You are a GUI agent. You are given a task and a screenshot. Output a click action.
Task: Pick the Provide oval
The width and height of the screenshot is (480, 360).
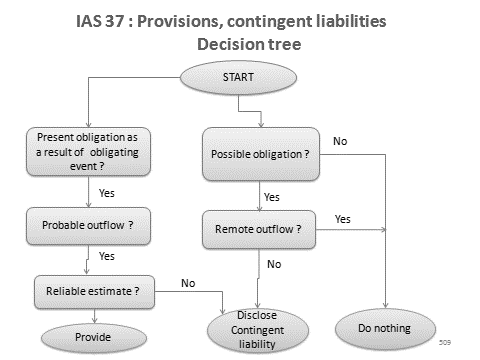point(92,338)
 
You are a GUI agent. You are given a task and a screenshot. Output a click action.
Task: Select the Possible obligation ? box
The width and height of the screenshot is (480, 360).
point(259,156)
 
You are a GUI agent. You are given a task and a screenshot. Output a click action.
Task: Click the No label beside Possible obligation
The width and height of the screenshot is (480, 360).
point(340,141)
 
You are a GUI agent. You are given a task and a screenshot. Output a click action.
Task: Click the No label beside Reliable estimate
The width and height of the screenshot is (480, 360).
point(187,283)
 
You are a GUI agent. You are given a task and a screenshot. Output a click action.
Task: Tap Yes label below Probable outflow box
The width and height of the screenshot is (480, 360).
point(107,256)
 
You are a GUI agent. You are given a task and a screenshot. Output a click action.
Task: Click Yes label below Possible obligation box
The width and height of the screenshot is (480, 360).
point(271,197)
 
